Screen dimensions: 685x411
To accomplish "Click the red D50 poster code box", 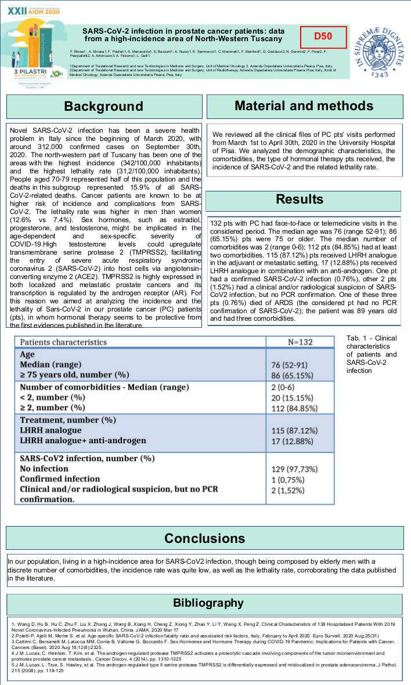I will (x=323, y=36).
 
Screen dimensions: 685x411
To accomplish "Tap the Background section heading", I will (x=103, y=106).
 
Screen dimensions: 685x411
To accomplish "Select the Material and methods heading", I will (x=304, y=106).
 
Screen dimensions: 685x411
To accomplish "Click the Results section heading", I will (x=300, y=200).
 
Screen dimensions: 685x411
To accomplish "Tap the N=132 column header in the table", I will (x=300, y=342).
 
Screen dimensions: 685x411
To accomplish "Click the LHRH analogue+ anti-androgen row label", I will (x=83, y=441).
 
